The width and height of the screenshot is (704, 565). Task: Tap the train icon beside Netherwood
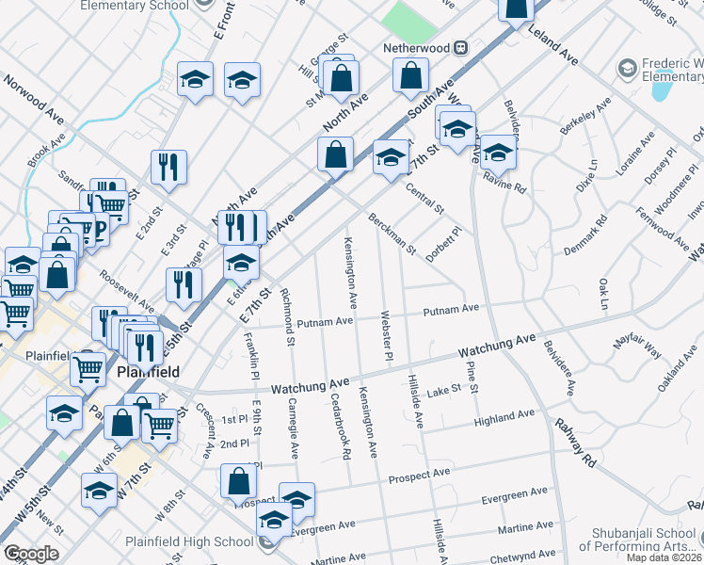pos(461,47)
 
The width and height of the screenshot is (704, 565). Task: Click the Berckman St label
pos(392,233)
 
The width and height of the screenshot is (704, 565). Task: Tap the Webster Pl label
pos(386,334)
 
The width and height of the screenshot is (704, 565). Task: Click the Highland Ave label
pos(504,417)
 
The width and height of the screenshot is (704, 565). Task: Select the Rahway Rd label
pos(576,443)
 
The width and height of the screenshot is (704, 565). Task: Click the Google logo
pos(31,554)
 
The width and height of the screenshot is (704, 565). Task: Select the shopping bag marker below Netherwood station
pos(410,77)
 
